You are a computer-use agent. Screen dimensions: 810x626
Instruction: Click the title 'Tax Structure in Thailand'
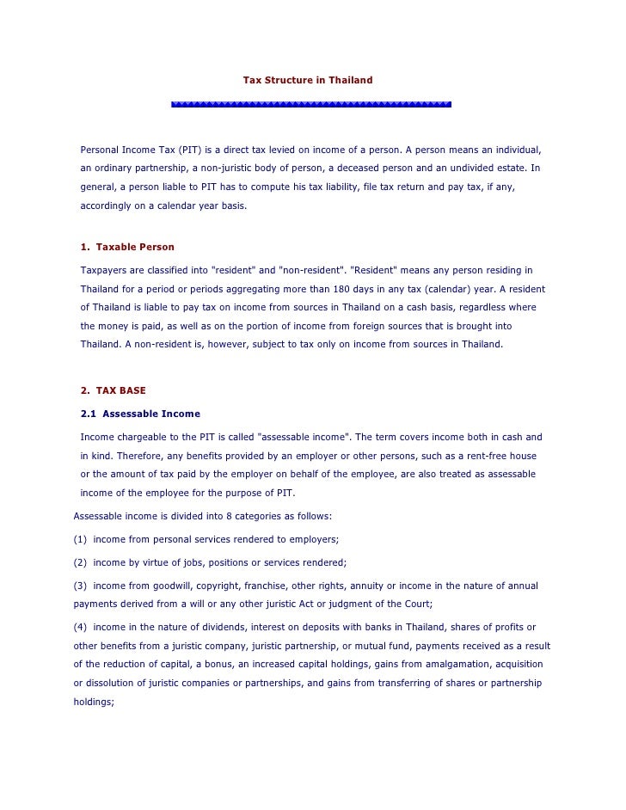click(x=308, y=80)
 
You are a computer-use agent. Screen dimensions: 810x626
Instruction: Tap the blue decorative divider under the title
click(x=311, y=104)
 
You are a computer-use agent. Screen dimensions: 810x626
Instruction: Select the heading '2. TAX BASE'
click(x=113, y=390)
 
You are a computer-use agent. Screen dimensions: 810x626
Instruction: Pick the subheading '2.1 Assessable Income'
click(x=140, y=414)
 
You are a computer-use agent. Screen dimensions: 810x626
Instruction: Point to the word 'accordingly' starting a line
click(x=107, y=206)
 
